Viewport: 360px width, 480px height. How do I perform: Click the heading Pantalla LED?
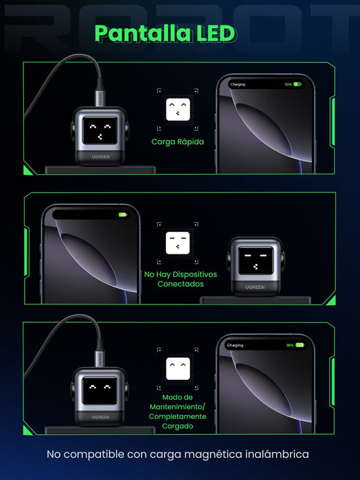[x=165, y=34]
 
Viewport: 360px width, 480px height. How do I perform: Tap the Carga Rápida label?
[x=178, y=142]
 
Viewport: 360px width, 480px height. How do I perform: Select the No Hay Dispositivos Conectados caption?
[x=180, y=278]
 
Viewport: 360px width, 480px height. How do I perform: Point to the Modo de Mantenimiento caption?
[x=178, y=411]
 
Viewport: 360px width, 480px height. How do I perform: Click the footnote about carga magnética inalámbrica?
[x=178, y=454]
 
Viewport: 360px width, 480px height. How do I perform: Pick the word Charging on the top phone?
[x=238, y=84]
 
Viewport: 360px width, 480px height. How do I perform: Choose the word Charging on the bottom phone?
[x=235, y=345]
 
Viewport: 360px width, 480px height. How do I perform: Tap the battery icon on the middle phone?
[x=123, y=215]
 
